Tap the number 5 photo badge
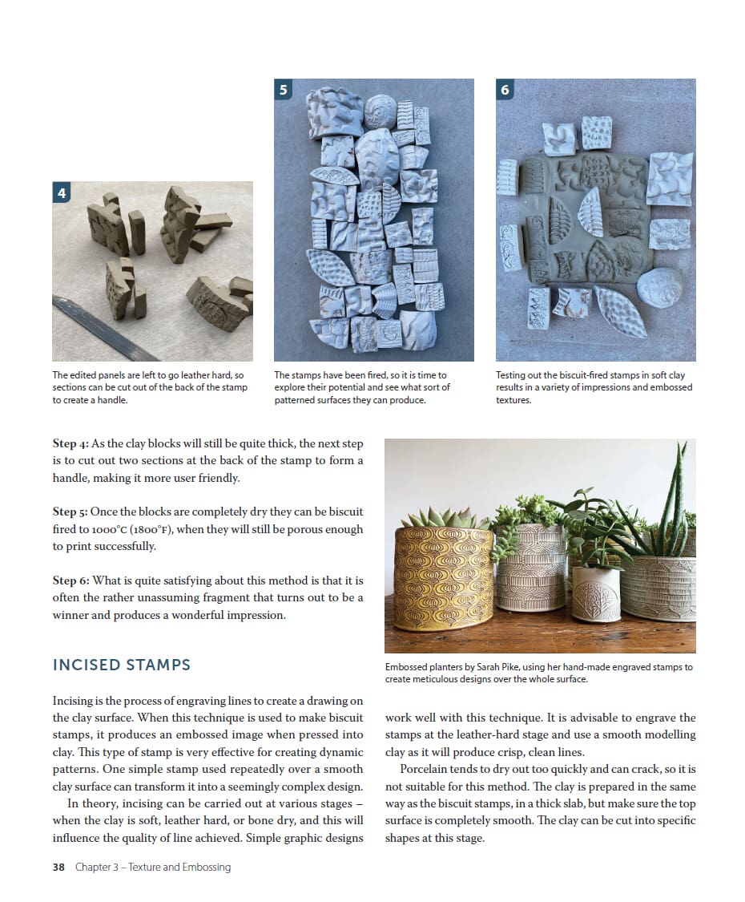coord(284,89)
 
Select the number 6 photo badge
coord(505,89)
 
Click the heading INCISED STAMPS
coord(121,665)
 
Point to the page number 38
coord(58,867)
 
